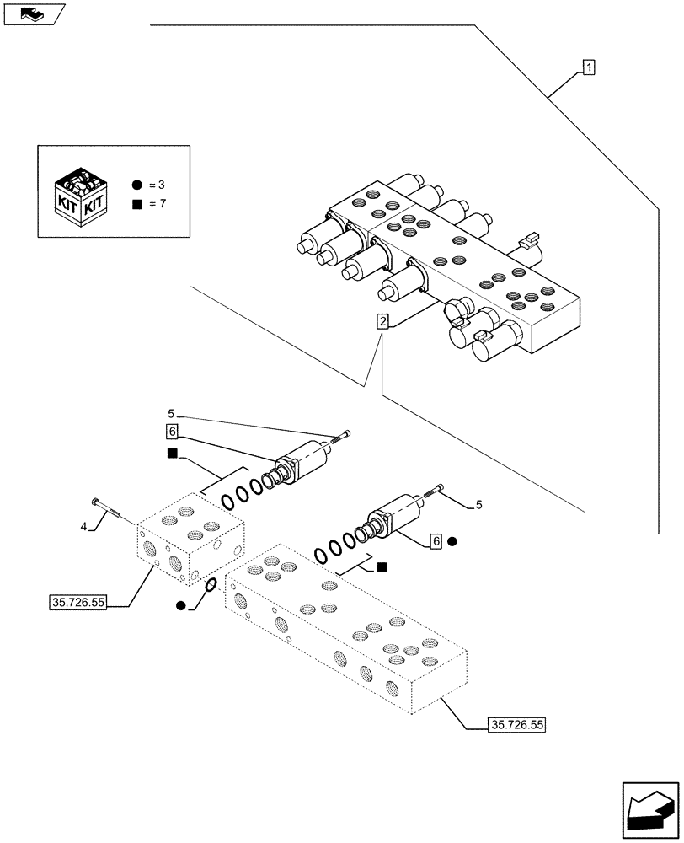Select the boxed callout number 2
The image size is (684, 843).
383,321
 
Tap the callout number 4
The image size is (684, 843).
83,527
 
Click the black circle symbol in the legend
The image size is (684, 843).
136,184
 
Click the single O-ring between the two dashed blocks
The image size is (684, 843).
211,586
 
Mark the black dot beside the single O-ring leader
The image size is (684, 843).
181,605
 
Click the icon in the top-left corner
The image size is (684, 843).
33,13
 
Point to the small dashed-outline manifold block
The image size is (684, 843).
190,544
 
